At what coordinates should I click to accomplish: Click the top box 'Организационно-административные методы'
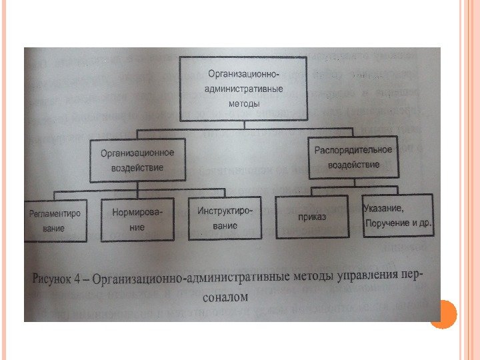coord(245,89)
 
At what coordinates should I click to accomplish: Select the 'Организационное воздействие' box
coord(137,160)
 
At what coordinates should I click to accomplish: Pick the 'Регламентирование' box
coord(54,221)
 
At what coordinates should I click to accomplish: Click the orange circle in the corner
coord(442,313)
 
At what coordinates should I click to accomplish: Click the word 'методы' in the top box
coord(244,103)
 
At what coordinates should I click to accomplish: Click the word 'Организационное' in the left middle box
coord(137,153)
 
